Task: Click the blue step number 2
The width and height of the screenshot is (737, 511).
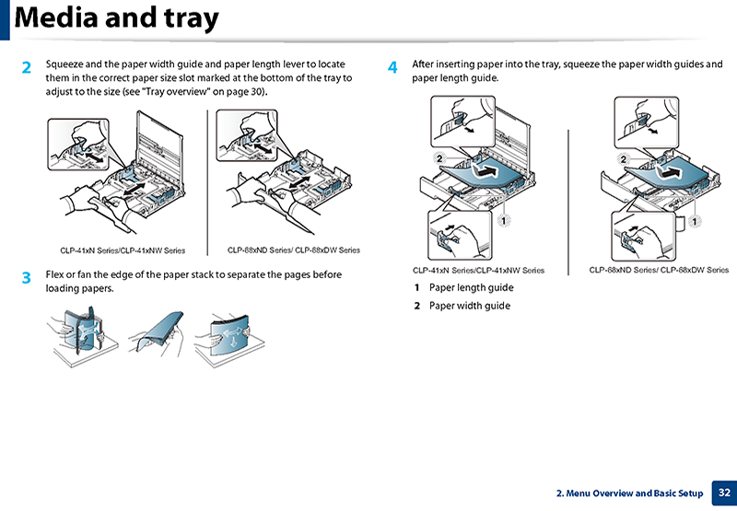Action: click(x=27, y=68)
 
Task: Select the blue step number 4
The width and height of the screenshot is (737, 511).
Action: click(x=393, y=68)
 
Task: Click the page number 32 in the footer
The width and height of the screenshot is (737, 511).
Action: click(x=724, y=494)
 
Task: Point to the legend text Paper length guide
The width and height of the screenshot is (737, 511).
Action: click(x=472, y=288)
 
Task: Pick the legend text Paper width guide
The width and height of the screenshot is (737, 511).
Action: click(x=470, y=306)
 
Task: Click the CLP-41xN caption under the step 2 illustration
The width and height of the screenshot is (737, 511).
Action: click(x=123, y=250)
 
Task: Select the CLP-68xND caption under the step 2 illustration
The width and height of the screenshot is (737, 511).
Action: click(x=293, y=250)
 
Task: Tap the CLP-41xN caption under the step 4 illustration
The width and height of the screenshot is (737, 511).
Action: click(x=478, y=271)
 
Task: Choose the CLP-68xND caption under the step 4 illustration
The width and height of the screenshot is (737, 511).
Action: click(x=659, y=271)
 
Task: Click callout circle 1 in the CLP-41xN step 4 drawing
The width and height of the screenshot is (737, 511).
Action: click(x=505, y=221)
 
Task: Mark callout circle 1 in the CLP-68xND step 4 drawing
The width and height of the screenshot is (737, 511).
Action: click(x=693, y=221)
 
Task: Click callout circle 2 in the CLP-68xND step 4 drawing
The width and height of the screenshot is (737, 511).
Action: click(x=624, y=159)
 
